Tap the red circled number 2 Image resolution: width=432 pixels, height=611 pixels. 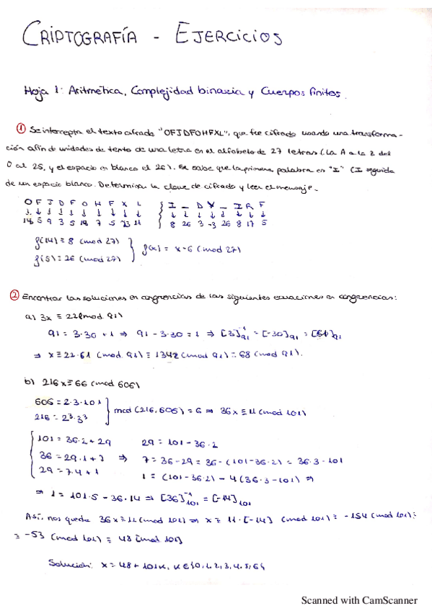click(x=14, y=295)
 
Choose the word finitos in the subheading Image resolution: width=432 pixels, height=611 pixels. click(x=327, y=93)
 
